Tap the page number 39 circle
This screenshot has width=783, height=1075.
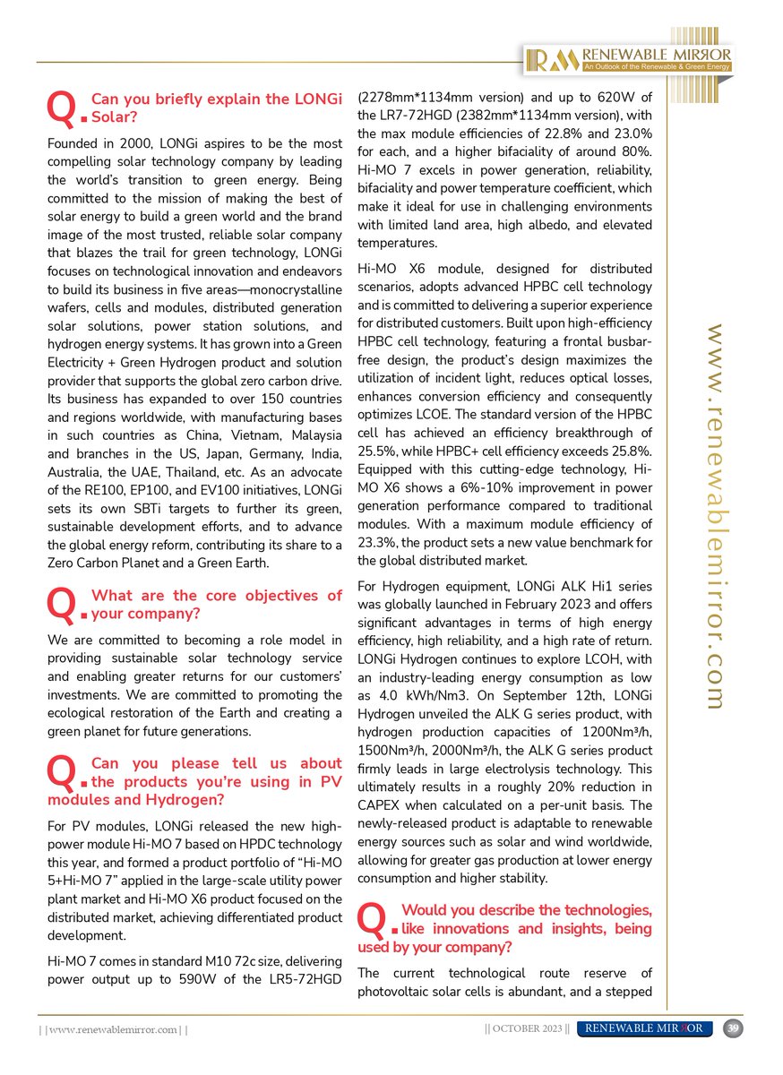tap(733, 1028)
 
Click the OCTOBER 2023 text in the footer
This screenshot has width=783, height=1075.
tap(526, 1028)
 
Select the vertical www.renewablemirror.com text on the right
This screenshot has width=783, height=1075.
tap(716, 517)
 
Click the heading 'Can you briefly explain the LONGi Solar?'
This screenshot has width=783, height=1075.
tap(217, 107)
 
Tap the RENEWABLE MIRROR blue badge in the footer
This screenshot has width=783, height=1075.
tap(645, 1028)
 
